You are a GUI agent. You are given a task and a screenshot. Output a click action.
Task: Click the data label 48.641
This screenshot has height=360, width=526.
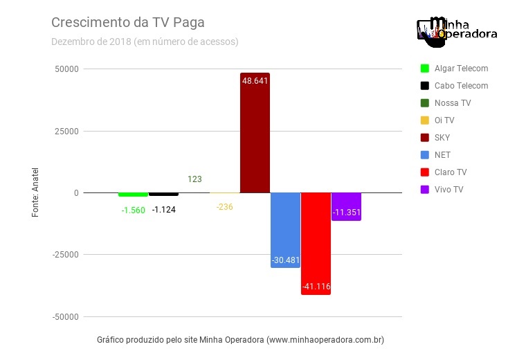click(x=255, y=80)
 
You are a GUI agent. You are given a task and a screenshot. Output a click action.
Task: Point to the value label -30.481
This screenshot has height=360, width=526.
click(x=285, y=261)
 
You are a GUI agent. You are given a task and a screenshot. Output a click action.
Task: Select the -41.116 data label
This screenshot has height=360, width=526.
click(x=316, y=286)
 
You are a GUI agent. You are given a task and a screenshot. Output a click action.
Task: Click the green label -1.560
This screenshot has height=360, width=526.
click(x=133, y=210)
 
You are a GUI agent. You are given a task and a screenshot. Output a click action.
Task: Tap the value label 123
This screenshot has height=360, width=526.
click(x=194, y=179)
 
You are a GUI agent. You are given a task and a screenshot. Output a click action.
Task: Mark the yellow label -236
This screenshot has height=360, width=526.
click(x=224, y=207)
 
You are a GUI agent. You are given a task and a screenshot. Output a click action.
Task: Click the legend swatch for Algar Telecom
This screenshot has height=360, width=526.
click(x=425, y=69)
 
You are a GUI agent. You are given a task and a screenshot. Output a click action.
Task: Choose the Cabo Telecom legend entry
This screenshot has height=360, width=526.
click(x=461, y=86)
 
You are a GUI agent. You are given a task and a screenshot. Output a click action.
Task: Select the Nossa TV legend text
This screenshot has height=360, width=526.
click(x=453, y=103)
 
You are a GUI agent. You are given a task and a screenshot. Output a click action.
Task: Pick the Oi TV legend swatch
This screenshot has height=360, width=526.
click(x=425, y=120)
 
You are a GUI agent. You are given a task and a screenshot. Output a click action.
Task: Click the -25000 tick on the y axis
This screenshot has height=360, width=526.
click(x=64, y=255)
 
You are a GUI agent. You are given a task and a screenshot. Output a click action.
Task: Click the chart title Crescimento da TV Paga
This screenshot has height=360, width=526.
click(x=128, y=22)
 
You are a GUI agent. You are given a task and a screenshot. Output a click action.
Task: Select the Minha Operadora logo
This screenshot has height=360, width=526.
click(x=457, y=31)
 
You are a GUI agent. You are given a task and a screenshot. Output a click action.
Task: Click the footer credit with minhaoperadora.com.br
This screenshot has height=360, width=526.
click(x=240, y=340)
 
